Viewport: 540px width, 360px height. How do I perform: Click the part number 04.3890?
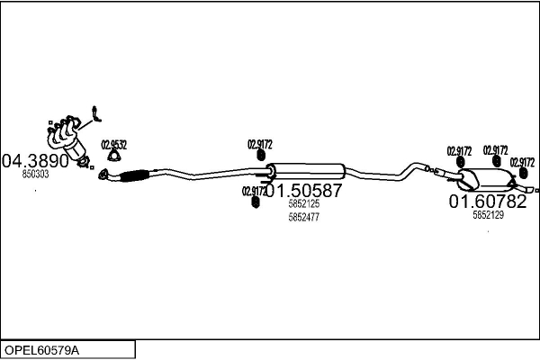click(36, 161)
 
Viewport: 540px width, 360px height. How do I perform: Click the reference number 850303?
click(36, 175)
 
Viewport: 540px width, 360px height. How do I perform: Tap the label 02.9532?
click(114, 145)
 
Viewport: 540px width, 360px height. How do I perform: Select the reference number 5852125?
click(303, 204)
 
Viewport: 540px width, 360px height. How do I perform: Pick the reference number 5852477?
click(303, 217)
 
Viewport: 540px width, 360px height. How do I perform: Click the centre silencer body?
click(307, 170)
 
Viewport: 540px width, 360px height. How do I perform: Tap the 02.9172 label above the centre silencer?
click(260, 144)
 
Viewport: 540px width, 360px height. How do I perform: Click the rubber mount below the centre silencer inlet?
click(255, 201)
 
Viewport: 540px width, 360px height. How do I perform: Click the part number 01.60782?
click(487, 202)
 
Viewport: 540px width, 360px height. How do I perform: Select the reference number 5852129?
click(488, 215)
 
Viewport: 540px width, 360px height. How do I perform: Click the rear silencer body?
click(486, 179)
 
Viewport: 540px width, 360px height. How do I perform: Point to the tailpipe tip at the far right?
click(535, 189)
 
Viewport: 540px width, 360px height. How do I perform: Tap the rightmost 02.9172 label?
click(522, 163)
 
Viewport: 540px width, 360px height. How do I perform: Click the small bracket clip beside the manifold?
click(97, 113)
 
